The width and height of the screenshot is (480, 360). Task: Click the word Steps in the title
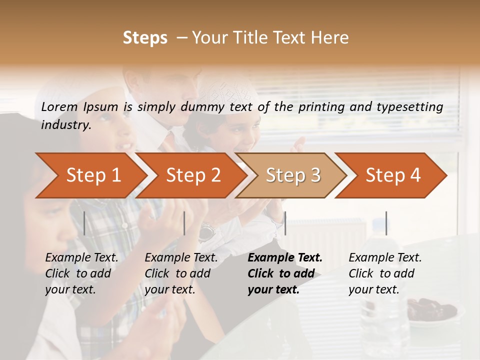click(x=145, y=38)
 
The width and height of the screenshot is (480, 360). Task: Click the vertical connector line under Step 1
click(x=84, y=223)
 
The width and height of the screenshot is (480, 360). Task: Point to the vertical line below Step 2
click(x=184, y=223)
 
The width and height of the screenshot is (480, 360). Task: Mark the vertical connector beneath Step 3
click(x=285, y=223)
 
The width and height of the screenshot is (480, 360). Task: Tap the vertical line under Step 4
click(x=386, y=223)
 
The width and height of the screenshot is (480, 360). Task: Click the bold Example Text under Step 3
click(x=285, y=273)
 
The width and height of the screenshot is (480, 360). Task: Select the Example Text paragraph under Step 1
click(x=81, y=273)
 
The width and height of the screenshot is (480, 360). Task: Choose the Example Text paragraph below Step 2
click(x=181, y=273)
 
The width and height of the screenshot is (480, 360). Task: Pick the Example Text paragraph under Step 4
click(x=385, y=273)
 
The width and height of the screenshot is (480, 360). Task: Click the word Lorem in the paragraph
click(x=59, y=106)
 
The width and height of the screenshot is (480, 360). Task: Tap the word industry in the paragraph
click(x=65, y=124)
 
